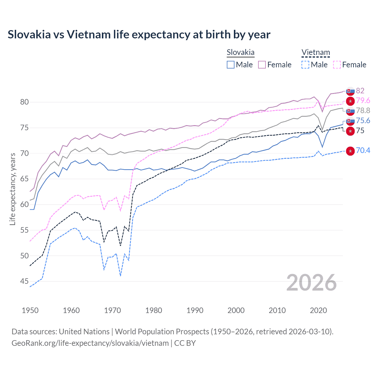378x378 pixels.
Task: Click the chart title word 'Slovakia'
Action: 29,35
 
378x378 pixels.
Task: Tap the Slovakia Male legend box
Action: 231,65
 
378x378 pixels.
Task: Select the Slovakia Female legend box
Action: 262,65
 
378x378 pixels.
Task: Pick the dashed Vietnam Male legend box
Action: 305,65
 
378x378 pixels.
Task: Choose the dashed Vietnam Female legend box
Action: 337,65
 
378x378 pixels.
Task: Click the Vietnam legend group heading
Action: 315,53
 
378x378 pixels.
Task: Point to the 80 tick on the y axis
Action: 24,102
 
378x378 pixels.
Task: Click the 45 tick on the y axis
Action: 24,281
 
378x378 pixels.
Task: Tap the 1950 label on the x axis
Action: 30,310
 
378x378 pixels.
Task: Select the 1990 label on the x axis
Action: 195,310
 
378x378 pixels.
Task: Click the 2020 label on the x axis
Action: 318,310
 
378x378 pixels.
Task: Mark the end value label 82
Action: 360,91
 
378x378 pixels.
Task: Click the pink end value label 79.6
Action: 363,101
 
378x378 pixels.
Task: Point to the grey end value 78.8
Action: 363,111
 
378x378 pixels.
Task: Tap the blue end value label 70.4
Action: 363,151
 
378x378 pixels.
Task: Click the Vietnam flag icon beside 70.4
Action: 350,151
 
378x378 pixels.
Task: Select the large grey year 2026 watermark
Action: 312,283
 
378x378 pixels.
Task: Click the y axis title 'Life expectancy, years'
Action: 12,189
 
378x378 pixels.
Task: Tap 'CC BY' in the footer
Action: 185,343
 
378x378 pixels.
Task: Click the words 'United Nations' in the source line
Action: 84,332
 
